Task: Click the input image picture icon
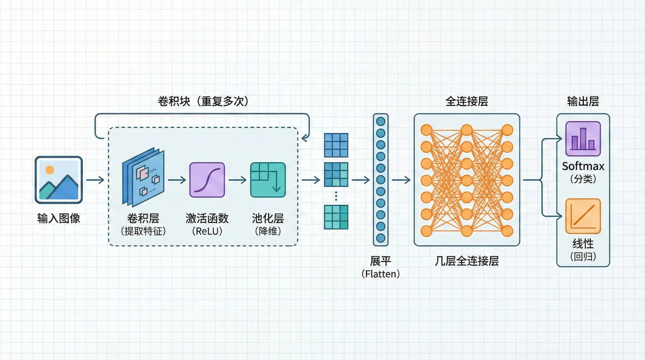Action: (x=59, y=180)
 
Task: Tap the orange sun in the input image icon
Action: (x=50, y=170)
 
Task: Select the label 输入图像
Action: (x=59, y=219)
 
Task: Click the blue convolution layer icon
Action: (x=143, y=177)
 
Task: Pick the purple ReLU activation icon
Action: (x=207, y=180)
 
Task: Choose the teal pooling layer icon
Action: (x=268, y=180)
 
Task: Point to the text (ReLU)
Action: (x=207, y=231)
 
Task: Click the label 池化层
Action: (x=268, y=219)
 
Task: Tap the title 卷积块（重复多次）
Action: (x=203, y=101)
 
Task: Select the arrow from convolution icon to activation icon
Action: (x=177, y=180)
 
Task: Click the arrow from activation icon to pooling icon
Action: (x=238, y=180)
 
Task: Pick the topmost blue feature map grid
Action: (x=336, y=145)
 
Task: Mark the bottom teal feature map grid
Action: (x=336, y=217)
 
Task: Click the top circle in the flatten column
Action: (x=381, y=122)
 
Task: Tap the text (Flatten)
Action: (x=381, y=274)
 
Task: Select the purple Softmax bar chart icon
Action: (x=583, y=139)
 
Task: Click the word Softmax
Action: (x=583, y=166)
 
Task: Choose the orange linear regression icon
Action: (x=583, y=216)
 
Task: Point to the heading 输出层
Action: (x=583, y=101)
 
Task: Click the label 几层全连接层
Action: (x=467, y=261)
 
